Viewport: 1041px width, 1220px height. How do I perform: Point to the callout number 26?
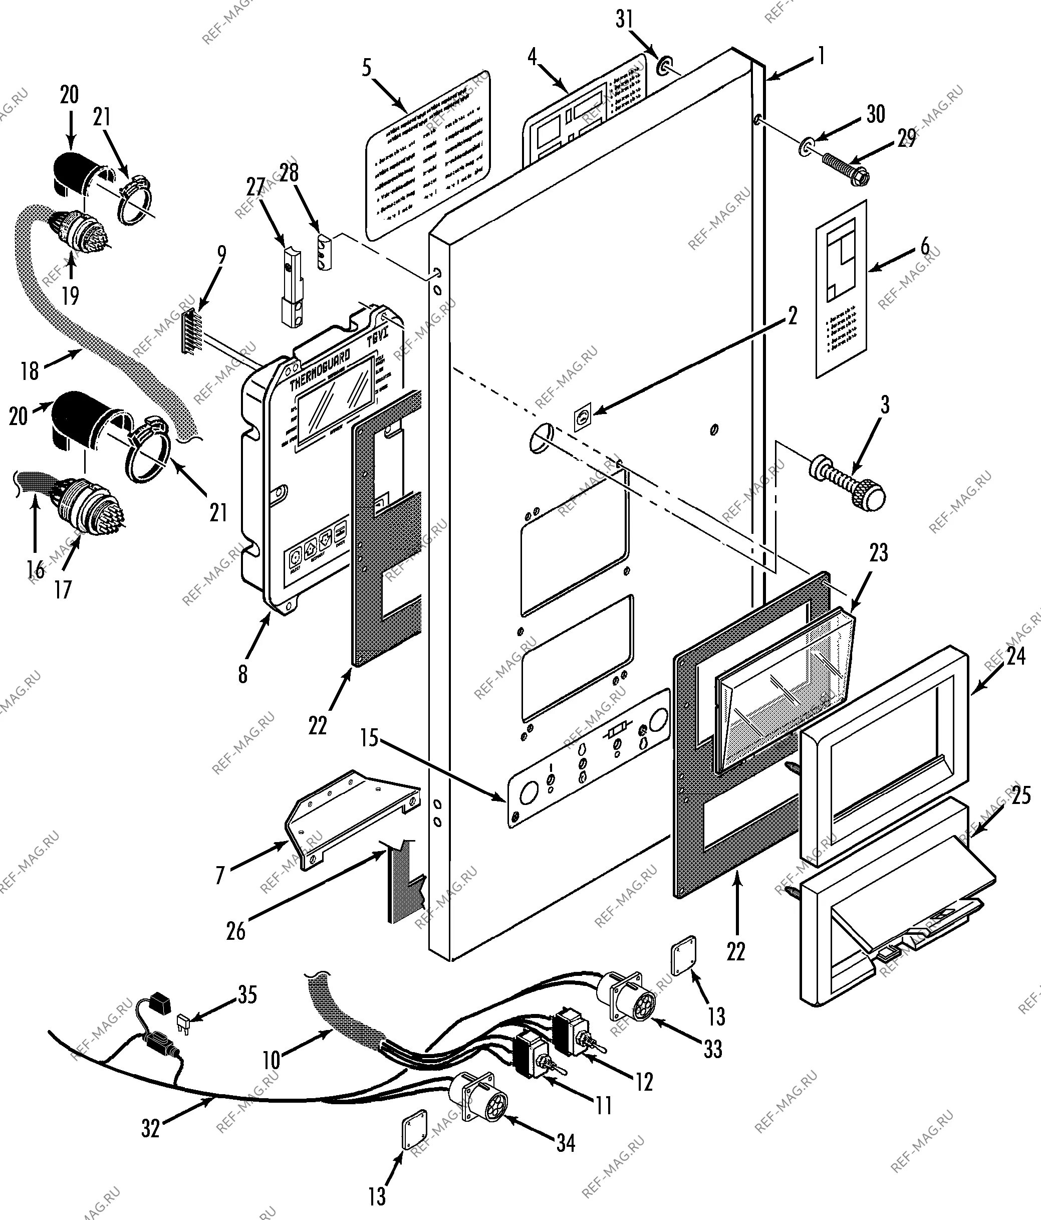coord(235,930)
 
